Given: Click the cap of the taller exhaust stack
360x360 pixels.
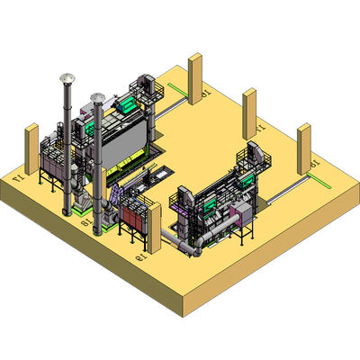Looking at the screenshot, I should pos(67,78).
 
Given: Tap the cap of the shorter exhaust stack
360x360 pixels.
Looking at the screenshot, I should pos(98,96).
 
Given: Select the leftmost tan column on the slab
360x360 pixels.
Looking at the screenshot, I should pos(31,148).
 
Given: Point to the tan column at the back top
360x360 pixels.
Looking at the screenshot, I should pos(195,78).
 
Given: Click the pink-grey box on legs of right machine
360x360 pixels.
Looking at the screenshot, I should pos(240,214).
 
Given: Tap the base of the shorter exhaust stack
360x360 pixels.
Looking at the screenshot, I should pos(98,229).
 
